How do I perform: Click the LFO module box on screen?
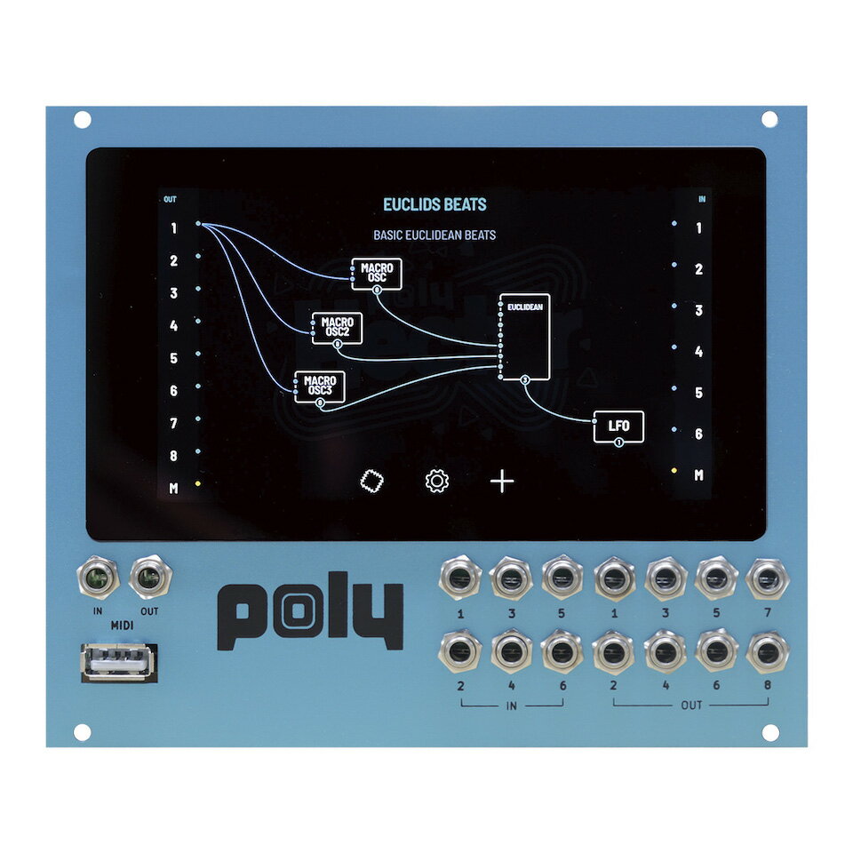(618, 426)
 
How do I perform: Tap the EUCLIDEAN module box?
(525, 337)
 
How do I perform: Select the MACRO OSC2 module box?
(338, 328)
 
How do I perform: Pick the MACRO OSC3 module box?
(320, 387)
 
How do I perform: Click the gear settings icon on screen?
(437, 481)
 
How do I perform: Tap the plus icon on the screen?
(502, 482)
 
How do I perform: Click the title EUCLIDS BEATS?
(434, 204)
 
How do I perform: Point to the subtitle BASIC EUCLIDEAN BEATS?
(434, 235)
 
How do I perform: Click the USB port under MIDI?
(119, 662)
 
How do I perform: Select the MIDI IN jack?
(98, 578)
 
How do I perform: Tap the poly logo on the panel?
(311, 610)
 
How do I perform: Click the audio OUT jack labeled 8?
(767, 651)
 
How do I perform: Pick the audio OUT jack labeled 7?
(767, 578)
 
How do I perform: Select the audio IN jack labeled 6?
(562, 651)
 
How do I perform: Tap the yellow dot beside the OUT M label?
(198, 483)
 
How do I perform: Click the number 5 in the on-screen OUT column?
(173, 358)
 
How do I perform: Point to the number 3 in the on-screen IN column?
(698, 310)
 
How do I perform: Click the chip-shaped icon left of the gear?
(372, 482)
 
